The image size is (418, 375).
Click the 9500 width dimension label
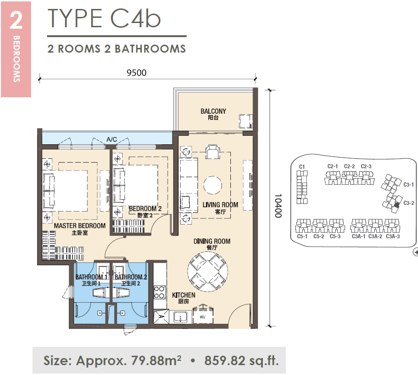[136, 73]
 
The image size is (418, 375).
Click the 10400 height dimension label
[278, 205]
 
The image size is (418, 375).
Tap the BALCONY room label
[213, 111]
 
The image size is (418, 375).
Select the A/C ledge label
[112, 139]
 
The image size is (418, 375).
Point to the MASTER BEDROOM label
[80, 226]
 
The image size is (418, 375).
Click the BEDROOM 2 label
[145, 209]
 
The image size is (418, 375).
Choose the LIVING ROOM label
[221, 205]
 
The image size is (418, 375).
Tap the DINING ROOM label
[212, 241]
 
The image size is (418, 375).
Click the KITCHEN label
[184, 295]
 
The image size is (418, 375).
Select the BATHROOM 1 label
[91, 277]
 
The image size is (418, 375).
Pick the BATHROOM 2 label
[131, 277]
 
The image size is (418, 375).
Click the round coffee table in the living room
[213, 185]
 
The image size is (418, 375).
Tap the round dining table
[208, 272]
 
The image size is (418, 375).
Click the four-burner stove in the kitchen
[159, 292]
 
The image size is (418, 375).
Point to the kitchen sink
[181, 317]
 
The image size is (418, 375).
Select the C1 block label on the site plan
[302, 166]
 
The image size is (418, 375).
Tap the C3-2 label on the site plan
[409, 203]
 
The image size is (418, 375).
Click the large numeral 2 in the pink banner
[16, 20]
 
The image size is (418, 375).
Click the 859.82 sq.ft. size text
[242, 360]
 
